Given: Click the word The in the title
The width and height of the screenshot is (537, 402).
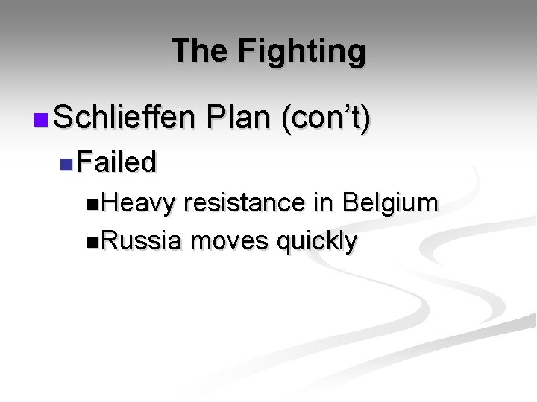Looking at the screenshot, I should click(199, 51).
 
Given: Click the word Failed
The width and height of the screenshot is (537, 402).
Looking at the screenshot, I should click(116, 162).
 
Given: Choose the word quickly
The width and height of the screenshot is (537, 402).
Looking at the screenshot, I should click(317, 242).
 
